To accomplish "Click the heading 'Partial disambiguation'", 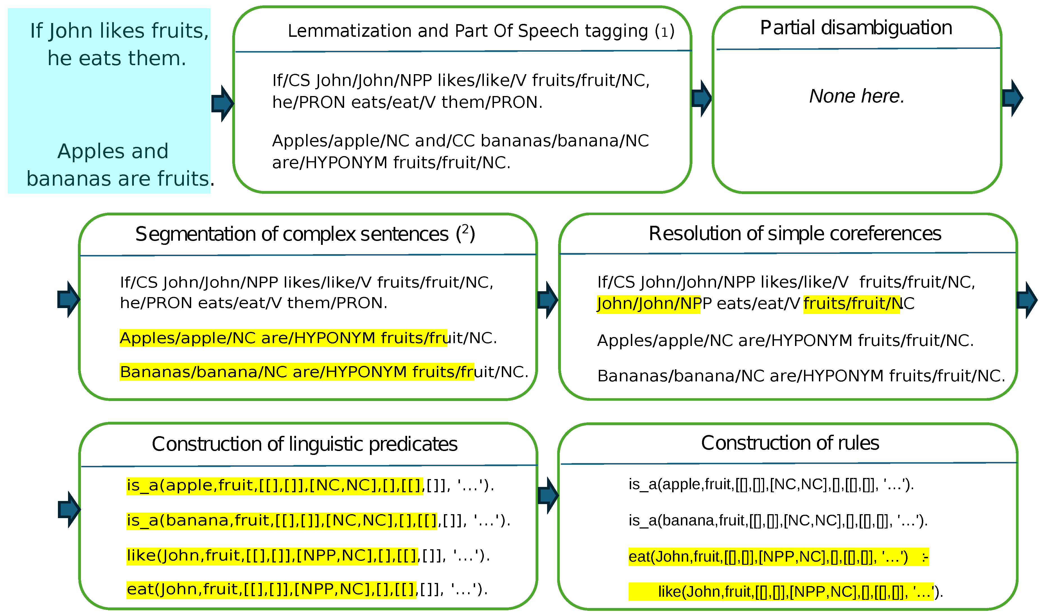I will [x=856, y=28].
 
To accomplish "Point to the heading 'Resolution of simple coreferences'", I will [x=795, y=234].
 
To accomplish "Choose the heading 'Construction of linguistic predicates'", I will [x=304, y=444].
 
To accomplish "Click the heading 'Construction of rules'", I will [x=790, y=443].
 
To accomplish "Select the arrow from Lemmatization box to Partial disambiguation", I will [x=701, y=98].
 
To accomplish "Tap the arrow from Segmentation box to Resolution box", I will [x=547, y=300].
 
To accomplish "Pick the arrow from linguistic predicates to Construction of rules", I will [x=548, y=495].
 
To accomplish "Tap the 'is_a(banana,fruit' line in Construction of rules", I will [x=778, y=521].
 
